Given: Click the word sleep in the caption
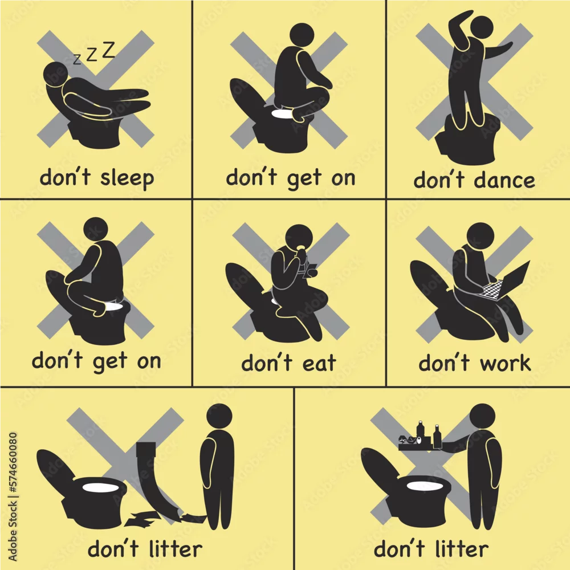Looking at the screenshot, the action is pyautogui.click(x=127, y=178).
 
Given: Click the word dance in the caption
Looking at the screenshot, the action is pyautogui.click(x=504, y=180).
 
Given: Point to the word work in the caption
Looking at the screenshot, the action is pyautogui.click(x=506, y=363).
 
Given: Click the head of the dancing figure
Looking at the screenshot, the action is pyautogui.click(x=482, y=27).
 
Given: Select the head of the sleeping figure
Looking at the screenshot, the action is pyautogui.click(x=56, y=74).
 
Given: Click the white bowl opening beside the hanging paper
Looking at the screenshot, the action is pyautogui.click(x=101, y=487).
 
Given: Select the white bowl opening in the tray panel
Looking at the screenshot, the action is pyautogui.click(x=425, y=486).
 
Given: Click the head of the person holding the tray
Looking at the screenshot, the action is pyautogui.click(x=482, y=417).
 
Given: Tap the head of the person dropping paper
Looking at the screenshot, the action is pyautogui.click(x=219, y=417).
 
